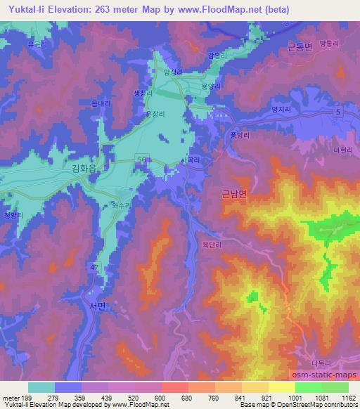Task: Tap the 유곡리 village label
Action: tap(37, 44)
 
